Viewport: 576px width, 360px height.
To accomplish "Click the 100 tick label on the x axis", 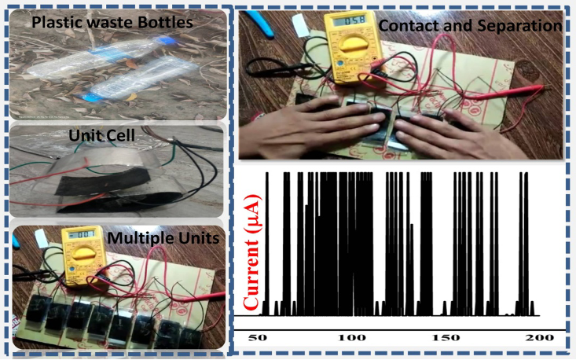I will (x=348, y=337).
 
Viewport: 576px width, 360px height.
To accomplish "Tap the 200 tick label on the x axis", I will (x=540, y=337).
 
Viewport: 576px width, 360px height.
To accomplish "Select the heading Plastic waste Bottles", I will (x=112, y=22).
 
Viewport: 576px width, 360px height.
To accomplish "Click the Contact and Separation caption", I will (x=470, y=26).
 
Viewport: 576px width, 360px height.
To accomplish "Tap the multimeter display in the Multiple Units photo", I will (x=81, y=235).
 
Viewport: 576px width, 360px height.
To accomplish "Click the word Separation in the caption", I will (x=518, y=26).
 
